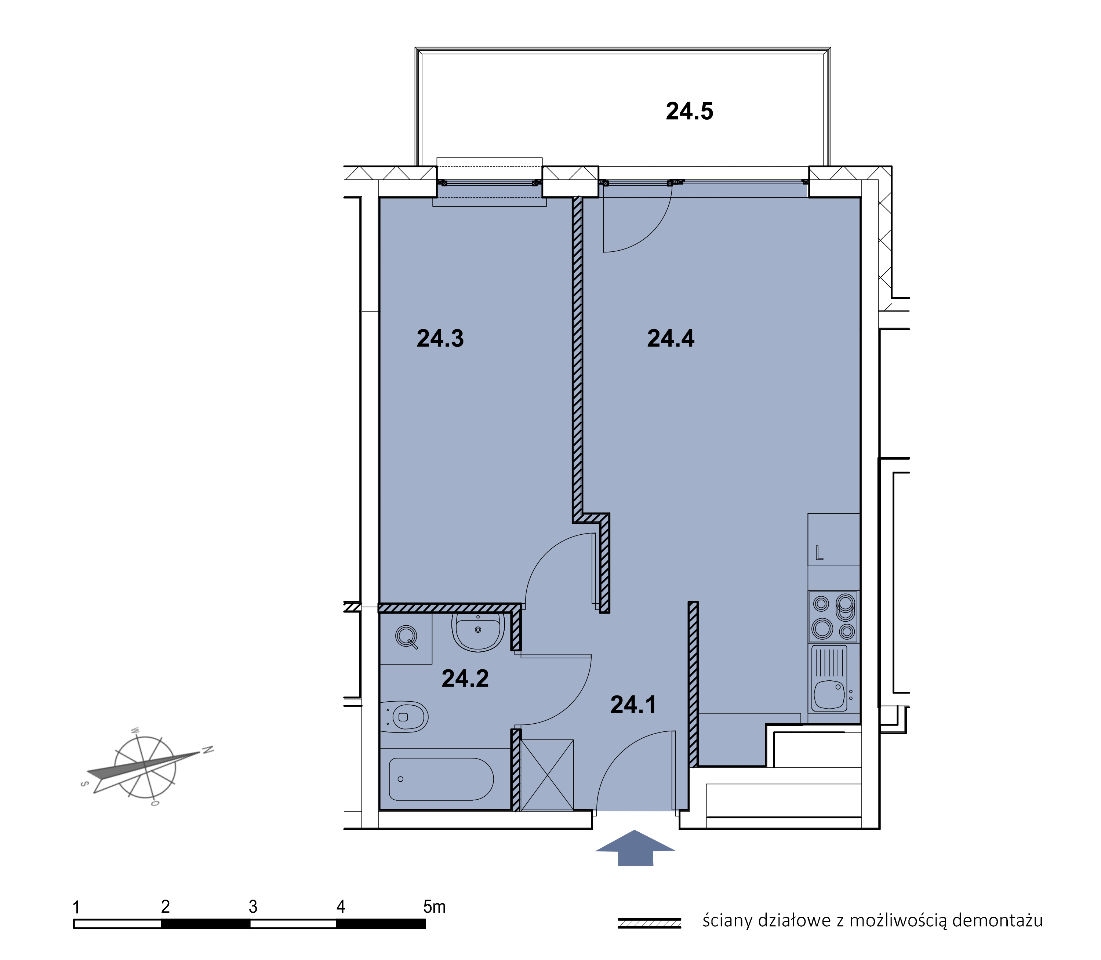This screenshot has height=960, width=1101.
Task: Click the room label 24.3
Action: pyautogui.click(x=440, y=339)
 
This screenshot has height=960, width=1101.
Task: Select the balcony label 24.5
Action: pyautogui.click(x=690, y=112)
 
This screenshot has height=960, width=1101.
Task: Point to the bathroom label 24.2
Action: pyautogui.click(x=465, y=679)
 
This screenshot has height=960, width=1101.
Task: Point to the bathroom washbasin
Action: pyautogui.click(x=478, y=632)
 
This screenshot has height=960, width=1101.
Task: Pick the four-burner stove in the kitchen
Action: pyautogui.click(x=833, y=617)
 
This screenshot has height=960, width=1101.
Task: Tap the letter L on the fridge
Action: pyautogui.click(x=819, y=553)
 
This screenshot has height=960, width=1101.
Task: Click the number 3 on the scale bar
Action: pyautogui.click(x=253, y=906)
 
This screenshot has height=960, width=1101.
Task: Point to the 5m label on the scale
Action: pyautogui.click(x=434, y=906)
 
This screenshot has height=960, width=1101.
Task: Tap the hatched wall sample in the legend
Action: pyautogui.click(x=649, y=923)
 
